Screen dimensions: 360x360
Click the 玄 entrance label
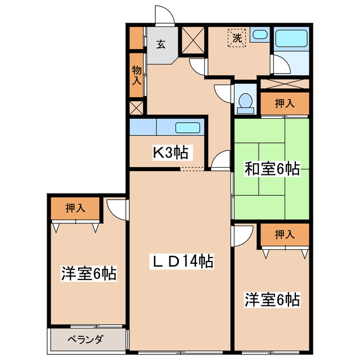[160, 44]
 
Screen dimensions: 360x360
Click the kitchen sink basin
[187, 127]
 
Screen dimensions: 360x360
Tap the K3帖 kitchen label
[171, 152]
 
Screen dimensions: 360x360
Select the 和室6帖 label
[271, 169]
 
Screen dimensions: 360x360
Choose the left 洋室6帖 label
[88, 274]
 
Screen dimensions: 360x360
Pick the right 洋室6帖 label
[272, 299]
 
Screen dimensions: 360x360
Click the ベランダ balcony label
[85, 339]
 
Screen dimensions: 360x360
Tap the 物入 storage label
[137, 75]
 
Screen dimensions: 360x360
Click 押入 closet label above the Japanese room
[285, 103]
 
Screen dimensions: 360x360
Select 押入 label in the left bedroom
[75, 208]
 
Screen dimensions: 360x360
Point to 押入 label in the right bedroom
[285, 235]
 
